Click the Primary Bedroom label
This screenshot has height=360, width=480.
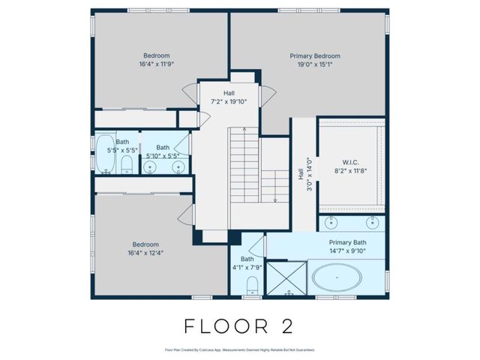tap(315, 56)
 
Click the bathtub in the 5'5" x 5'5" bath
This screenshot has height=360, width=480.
tap(106, 154)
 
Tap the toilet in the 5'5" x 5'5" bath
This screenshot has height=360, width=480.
tap(126, 165)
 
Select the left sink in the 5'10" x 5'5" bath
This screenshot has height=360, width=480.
tap(151, 166)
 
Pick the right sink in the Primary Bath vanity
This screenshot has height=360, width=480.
tap(370, 223)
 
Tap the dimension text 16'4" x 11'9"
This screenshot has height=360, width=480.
tap(157, 64)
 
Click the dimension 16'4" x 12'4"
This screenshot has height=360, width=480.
tap(145, 253)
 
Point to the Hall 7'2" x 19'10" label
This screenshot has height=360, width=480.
tap(229, 97)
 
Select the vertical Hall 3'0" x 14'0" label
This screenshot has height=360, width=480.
tap(304, 174)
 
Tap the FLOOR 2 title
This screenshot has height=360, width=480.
tap(239, 326)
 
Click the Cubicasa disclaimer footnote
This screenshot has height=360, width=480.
tap(239, 349)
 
